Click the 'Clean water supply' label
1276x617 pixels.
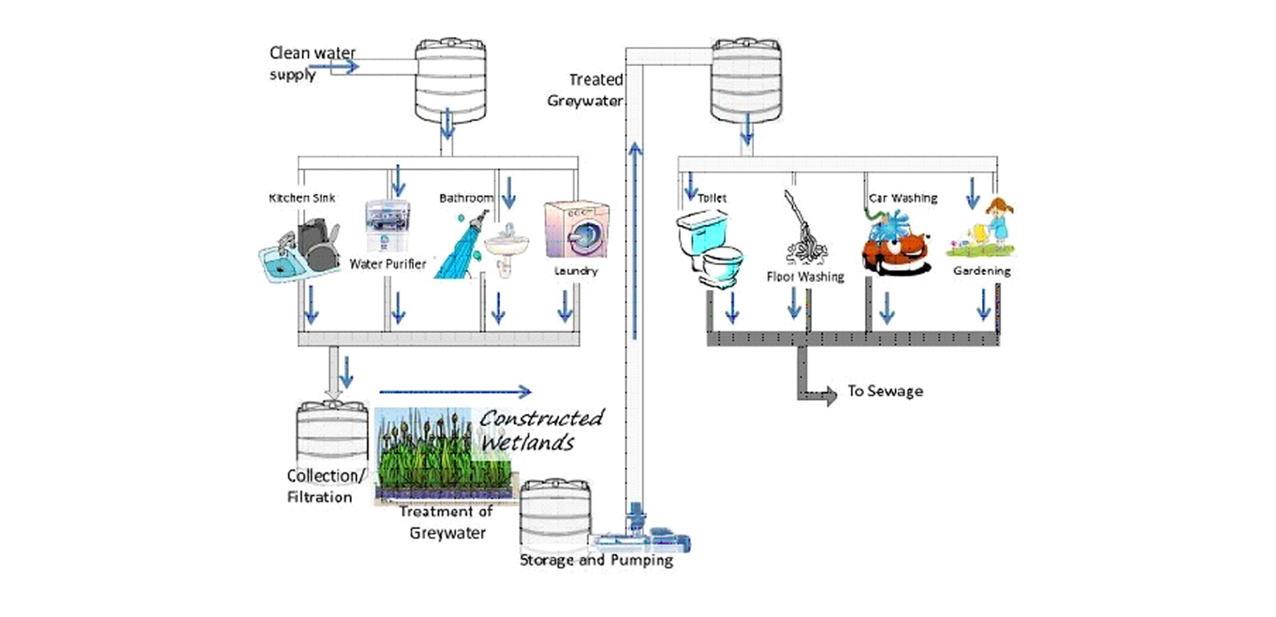(x=312, y=63)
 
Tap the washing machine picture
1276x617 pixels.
(x=577, y=230)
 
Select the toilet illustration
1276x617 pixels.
(x=709, y=248)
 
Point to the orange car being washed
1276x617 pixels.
(x=897, y=243)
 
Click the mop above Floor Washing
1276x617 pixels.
(x=804, y=229)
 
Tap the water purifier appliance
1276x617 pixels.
(x=387, y=225)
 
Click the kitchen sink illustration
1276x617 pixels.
(x=300, y=250)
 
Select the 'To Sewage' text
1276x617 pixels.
(x=885, y=392)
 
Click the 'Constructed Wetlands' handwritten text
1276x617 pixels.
(x=541, y=430)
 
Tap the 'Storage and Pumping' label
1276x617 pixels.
(x=596, y=560)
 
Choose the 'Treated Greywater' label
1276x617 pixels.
(x=586, y=90)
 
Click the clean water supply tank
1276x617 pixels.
(x=450, y=81)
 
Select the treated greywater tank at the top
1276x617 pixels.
(x=746, y=81)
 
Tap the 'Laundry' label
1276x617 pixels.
(x=576, y=271)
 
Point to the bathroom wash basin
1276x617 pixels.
(x=507, y=249)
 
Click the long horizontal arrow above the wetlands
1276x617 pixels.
(x=455, y=392)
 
